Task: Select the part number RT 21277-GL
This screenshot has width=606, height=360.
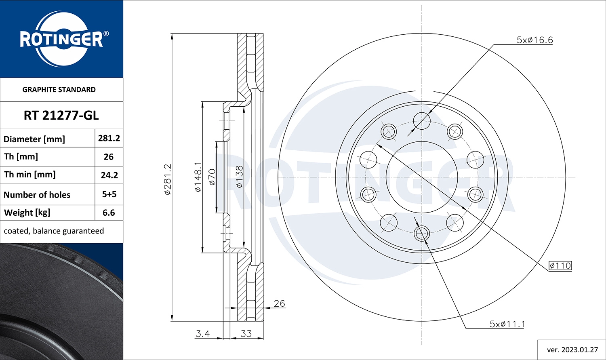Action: coord(61,116)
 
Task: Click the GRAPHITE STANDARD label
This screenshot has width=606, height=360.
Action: coord(59,90)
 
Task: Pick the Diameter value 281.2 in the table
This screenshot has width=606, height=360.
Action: coord(109,138)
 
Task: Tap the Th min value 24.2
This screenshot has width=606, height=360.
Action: coord(109,175)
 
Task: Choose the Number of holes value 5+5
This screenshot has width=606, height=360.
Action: coord(109,194)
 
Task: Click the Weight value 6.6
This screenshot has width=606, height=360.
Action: coord(109,213)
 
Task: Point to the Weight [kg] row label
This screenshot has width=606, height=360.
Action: coord(27,213)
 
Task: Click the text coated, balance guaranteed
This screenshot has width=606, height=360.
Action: coord(54,231)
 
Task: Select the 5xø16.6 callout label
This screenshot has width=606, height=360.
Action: coord(534,40)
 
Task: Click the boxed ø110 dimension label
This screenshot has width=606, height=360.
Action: coord(560,265)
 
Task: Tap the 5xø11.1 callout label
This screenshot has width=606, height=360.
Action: coord(507,324)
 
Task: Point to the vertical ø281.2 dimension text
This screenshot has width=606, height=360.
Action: coord(168,179)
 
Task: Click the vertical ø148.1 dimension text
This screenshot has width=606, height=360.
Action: coord(198,177)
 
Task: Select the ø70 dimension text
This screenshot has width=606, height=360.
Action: coord(212,177)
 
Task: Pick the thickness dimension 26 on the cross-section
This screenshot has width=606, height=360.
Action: coord(279,303)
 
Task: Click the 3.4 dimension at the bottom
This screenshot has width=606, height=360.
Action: coord(202,334)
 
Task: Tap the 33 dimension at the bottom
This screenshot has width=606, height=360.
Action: coord(246,334)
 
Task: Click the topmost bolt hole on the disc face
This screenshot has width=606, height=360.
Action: coord(422,120)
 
